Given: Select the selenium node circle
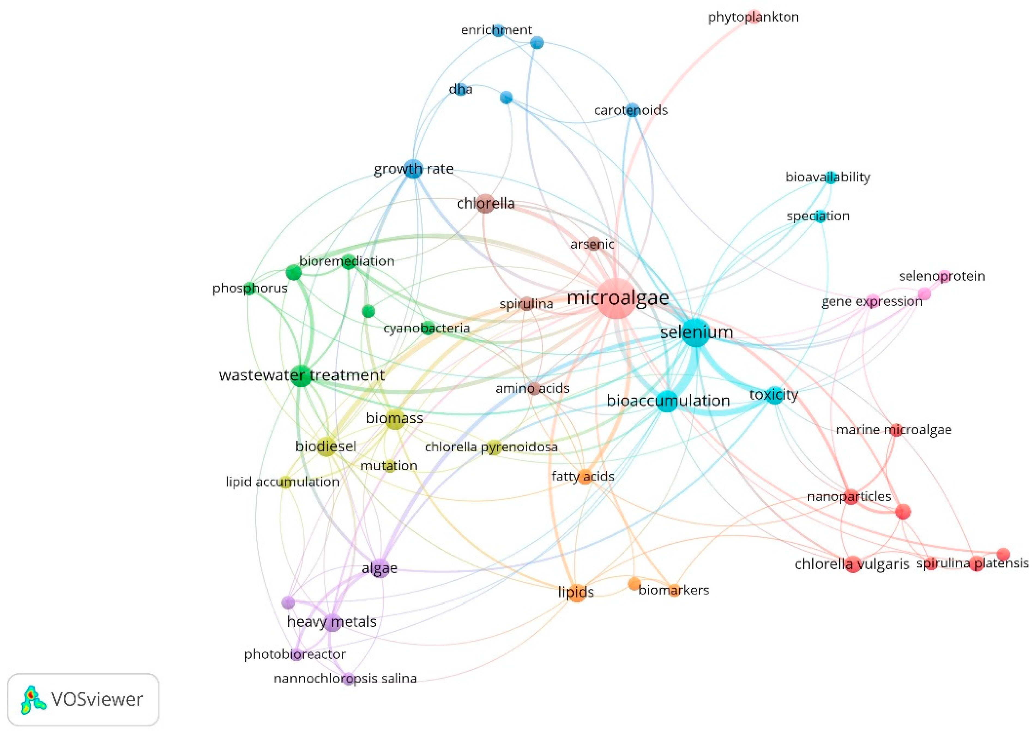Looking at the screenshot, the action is click(696, 333).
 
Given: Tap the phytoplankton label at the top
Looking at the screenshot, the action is click(753, 17).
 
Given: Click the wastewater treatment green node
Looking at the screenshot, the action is click(301, 375).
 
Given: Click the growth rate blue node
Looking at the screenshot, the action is click(413, 169).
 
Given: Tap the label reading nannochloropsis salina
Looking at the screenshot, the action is click(345, 678).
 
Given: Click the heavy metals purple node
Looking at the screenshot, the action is click(333, 622).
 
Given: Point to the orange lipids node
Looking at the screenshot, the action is click(577, 593).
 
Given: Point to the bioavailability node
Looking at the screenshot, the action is click(830, 177).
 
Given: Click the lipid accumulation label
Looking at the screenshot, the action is click(282, 482).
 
